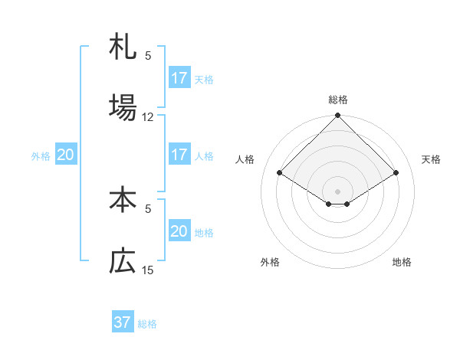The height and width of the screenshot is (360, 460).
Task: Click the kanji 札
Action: (123, 48)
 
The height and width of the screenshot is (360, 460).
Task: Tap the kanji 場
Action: (123, 106)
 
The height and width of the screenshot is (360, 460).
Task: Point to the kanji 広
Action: (123, 261)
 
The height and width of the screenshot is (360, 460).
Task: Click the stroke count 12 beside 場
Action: (148, 117)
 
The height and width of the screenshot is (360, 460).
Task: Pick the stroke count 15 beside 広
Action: (148, 270)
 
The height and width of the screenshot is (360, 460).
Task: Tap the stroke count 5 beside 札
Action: (148, 55)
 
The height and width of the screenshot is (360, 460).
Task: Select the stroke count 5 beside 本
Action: (148, 208)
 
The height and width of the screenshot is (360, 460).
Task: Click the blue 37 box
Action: (123, 322)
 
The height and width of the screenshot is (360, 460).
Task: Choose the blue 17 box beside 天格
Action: (179, 78)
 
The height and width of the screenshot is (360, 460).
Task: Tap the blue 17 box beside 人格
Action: (179, 155)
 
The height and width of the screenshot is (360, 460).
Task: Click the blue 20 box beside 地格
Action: (179, 231)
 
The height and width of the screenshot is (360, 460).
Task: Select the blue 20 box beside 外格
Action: (66, 155)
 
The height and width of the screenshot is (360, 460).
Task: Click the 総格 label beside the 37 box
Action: (147, 324)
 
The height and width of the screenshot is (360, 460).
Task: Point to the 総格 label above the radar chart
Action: (338, 100)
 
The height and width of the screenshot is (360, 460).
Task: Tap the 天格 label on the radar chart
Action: (432, 159)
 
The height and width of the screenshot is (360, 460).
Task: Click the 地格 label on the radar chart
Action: (402, 262)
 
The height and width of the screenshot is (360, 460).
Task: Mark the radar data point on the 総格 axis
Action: (338, 116)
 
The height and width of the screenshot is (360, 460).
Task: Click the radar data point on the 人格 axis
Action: (280, 173)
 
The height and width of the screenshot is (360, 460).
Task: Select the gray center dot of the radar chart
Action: (338, 191)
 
